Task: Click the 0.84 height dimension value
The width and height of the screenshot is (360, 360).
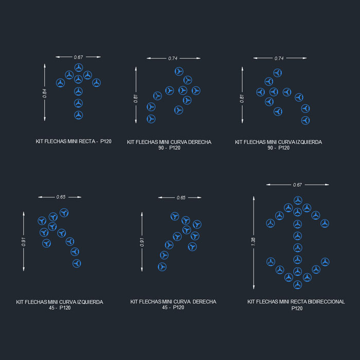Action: (45, 93)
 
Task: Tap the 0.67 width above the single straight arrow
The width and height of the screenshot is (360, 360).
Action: (79, 57)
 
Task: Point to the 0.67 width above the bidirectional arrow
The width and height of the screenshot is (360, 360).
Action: (297, 185)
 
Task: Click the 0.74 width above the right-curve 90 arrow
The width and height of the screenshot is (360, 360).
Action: (173, 59)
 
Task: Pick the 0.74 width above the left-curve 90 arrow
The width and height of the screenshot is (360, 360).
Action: (279, 59)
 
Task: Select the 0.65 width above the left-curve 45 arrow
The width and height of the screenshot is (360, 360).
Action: (61, 197)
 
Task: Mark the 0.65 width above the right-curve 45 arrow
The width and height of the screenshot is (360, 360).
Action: (181, 197)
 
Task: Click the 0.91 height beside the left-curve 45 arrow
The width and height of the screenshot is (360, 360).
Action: (24, 242)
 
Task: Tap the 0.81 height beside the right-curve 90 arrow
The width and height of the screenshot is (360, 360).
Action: (136, 99)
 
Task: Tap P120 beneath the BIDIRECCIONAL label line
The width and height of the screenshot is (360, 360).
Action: (297, 308)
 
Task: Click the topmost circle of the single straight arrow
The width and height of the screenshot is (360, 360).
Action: (79, 67)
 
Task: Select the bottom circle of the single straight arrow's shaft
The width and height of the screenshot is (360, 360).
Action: (78, 115)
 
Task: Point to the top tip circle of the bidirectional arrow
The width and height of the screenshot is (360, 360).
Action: (297, 200)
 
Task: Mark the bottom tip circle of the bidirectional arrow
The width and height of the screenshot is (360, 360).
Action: (297, 283)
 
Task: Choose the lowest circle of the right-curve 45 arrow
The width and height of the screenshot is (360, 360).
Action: (162, 266)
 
